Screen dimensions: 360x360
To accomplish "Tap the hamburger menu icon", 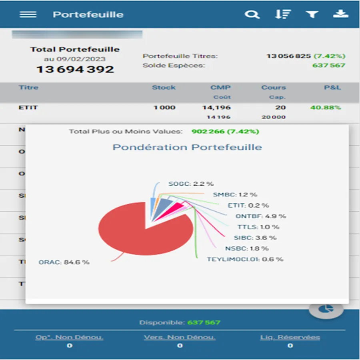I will (28, 14).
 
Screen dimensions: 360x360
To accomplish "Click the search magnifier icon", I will (252, 15).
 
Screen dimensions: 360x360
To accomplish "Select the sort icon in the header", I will (282, 14).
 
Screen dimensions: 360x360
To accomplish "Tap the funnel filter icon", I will (312, 14).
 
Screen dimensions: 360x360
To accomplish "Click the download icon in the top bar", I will (341, 14).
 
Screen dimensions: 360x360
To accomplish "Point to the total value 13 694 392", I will (75, 69).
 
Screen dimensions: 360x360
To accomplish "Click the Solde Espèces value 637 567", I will (328, 65).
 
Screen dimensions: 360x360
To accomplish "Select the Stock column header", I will (164, 87).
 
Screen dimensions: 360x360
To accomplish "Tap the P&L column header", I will (332, 87).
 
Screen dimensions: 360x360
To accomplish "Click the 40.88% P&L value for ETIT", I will (325, 107).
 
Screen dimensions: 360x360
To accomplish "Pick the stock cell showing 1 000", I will (164, 107).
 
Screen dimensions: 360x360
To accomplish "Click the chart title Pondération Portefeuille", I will (187, 147).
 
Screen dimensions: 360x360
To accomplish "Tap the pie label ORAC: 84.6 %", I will (64, 262).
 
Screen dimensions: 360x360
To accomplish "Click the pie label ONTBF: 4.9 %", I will (261, 216).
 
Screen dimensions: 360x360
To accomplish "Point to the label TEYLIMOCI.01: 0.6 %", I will (245, 259).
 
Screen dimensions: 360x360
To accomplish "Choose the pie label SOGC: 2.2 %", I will (191, 184).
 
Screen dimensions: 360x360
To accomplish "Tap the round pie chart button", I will (326, 309).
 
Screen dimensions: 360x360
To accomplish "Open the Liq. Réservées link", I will (290, 337).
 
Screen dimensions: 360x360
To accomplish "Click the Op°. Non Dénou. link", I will (69, 337).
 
